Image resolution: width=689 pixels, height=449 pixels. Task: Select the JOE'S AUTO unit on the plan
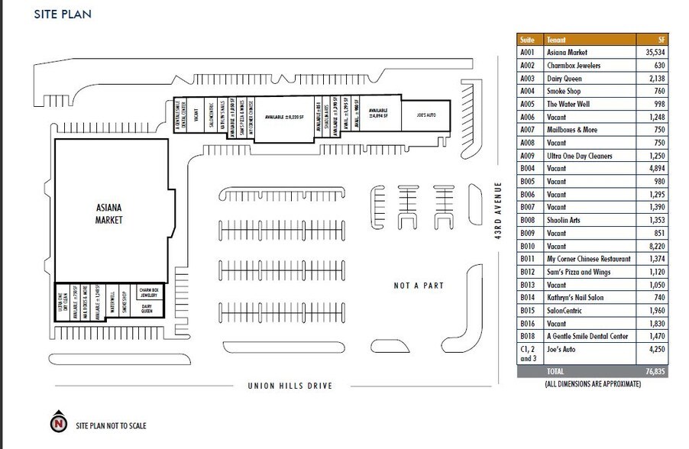[x=425, y=115]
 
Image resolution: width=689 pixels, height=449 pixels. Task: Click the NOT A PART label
[x=419, y=286]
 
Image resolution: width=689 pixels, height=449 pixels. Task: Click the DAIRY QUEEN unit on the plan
[x=147, y=310]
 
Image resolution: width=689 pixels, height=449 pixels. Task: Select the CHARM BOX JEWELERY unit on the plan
[x=147, y=293]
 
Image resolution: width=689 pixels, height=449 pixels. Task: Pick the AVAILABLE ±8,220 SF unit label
[x=285, y=118]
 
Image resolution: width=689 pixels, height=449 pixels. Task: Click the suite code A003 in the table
[x=528, y=79]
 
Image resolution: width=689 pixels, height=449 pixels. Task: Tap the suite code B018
[x=528, y=337]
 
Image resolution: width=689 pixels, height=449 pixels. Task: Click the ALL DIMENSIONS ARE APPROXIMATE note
[x=592, y=384]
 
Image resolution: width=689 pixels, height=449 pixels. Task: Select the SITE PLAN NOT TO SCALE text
[x=111, y=425]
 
